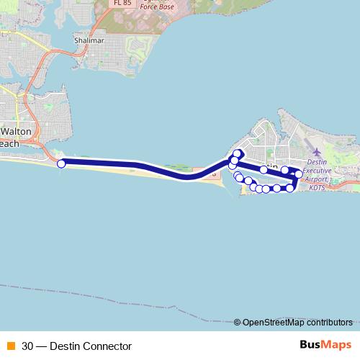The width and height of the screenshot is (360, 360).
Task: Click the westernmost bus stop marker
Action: [61, 163]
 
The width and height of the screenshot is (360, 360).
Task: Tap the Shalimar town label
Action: [89, 40]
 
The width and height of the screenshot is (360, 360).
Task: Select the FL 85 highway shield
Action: [122, 3]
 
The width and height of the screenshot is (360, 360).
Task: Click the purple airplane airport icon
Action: [318, 153]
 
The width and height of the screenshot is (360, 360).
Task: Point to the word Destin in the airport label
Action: [318, 163]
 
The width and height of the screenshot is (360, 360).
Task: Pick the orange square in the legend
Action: [10, 346]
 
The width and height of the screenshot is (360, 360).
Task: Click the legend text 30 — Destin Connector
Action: [77, 346]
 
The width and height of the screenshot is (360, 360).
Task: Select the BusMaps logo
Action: [326, 345]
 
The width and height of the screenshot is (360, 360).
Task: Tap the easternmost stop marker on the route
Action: [299, 174]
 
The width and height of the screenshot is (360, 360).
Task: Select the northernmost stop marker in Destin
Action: [237, 153]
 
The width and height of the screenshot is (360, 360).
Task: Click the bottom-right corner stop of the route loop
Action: [290, 188]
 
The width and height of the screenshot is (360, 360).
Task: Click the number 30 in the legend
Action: [27, 346]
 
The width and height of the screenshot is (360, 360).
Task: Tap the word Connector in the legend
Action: [109, 346]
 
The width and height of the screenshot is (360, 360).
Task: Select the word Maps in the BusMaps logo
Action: [338, 345]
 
